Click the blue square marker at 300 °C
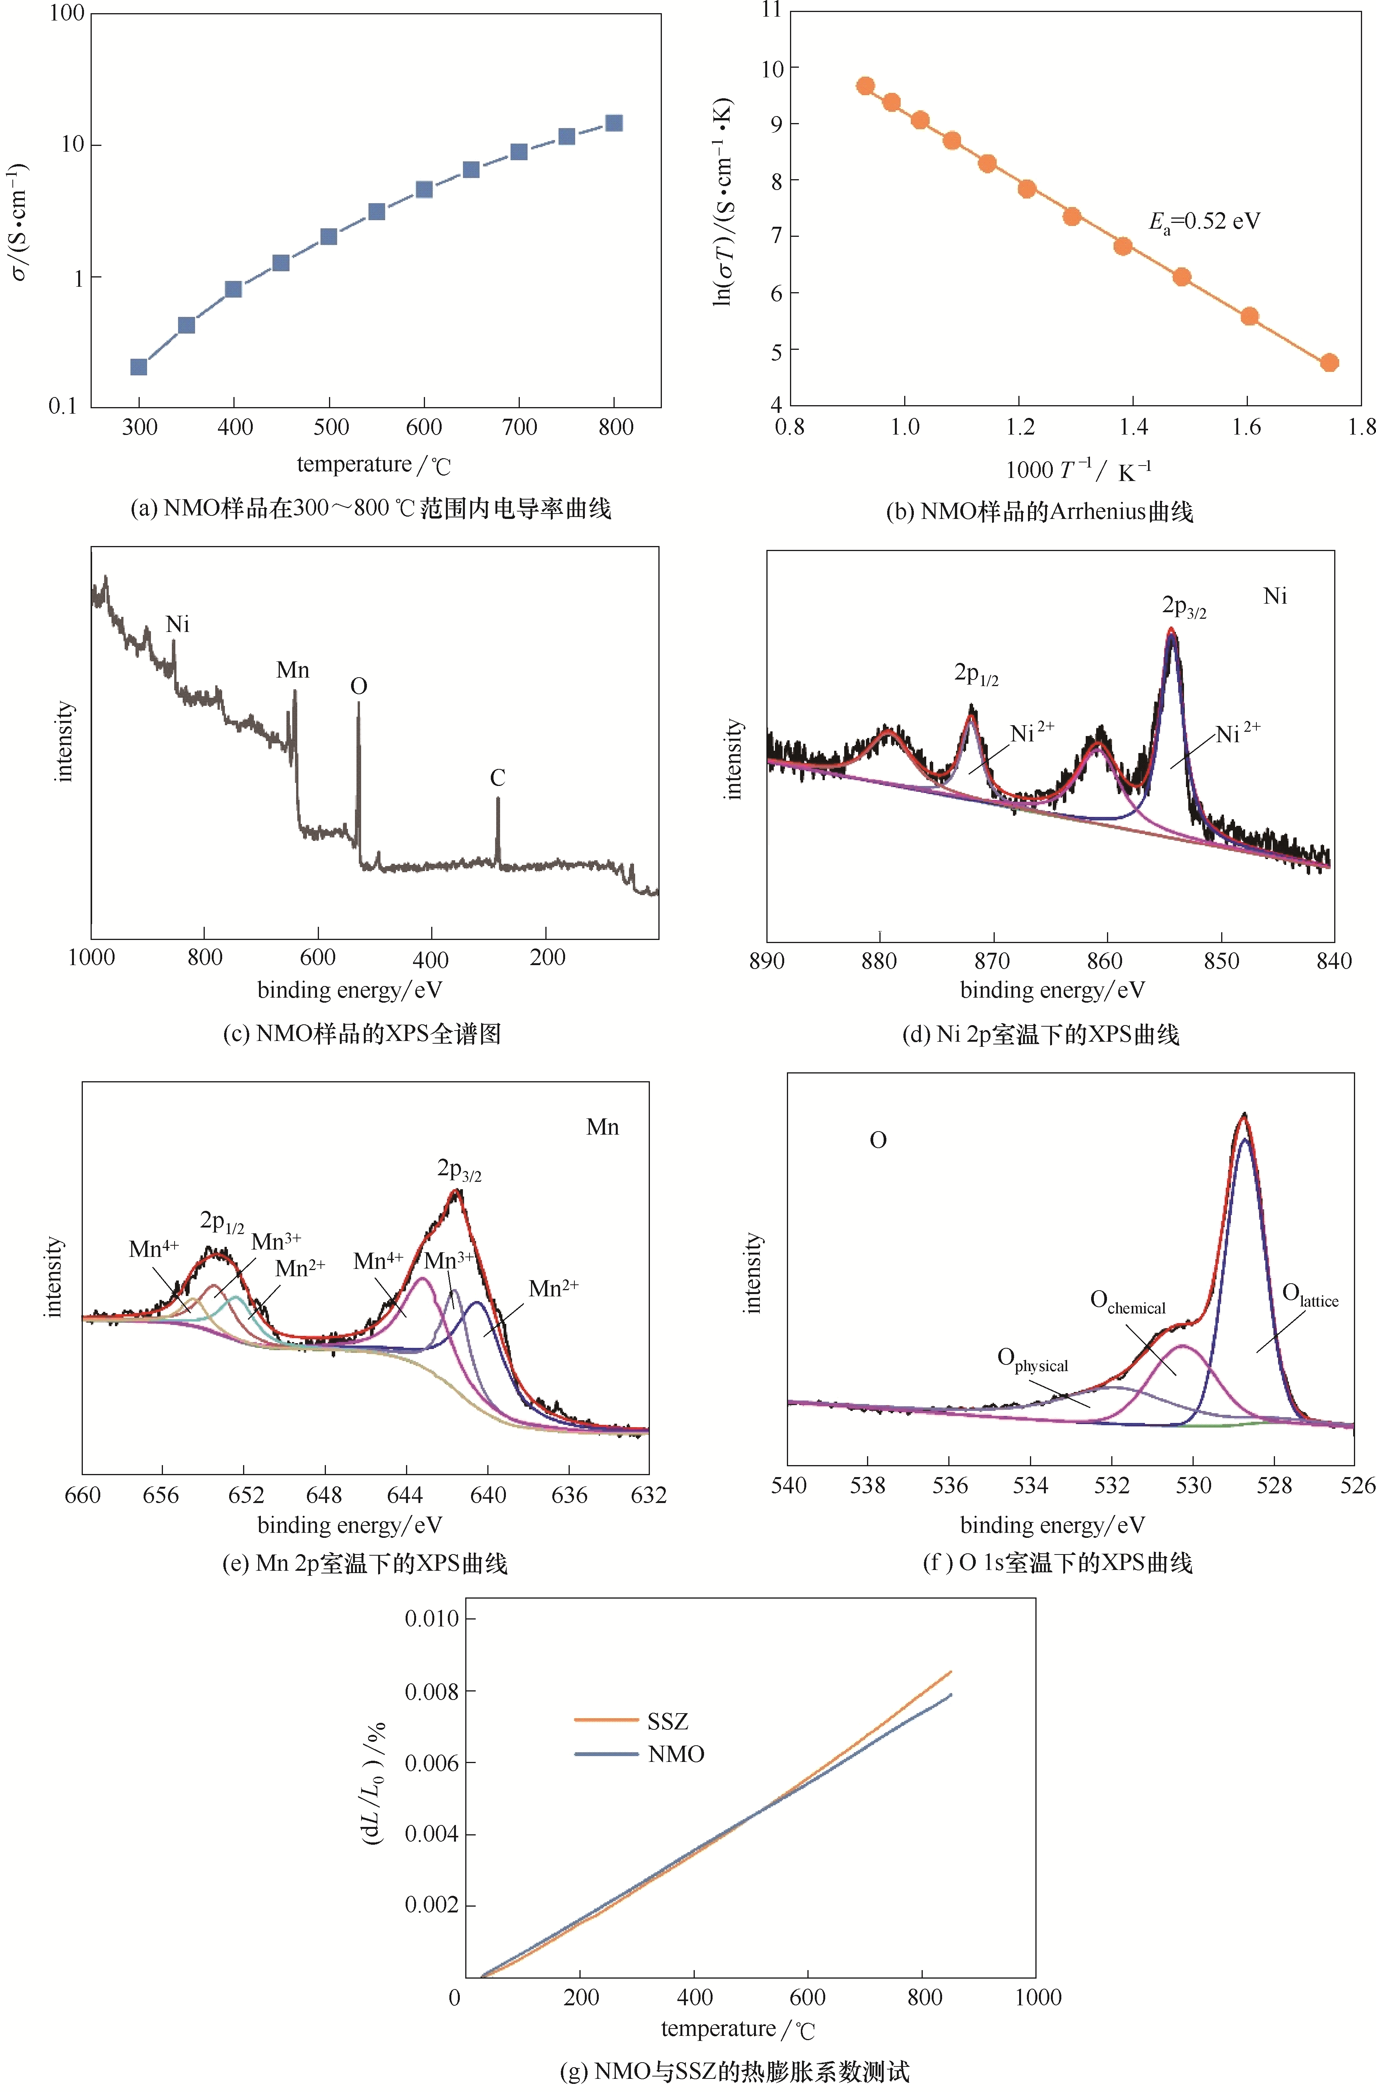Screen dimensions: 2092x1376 pos(138,366)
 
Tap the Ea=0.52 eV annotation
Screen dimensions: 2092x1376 pos(1205,221)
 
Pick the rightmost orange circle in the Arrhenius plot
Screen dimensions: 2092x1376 pos(1330,362)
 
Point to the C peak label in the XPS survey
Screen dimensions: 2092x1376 pos(498,778)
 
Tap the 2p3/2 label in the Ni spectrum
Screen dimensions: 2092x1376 pos(1184,606)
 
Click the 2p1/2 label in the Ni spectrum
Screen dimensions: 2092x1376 pos(976,674)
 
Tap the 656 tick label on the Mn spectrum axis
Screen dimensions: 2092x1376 pos(161,1495)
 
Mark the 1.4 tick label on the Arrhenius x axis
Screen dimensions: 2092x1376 pos(1133,427)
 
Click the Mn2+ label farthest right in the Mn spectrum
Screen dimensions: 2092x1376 pos(553,1289)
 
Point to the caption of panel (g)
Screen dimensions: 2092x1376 pos(734,2072)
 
